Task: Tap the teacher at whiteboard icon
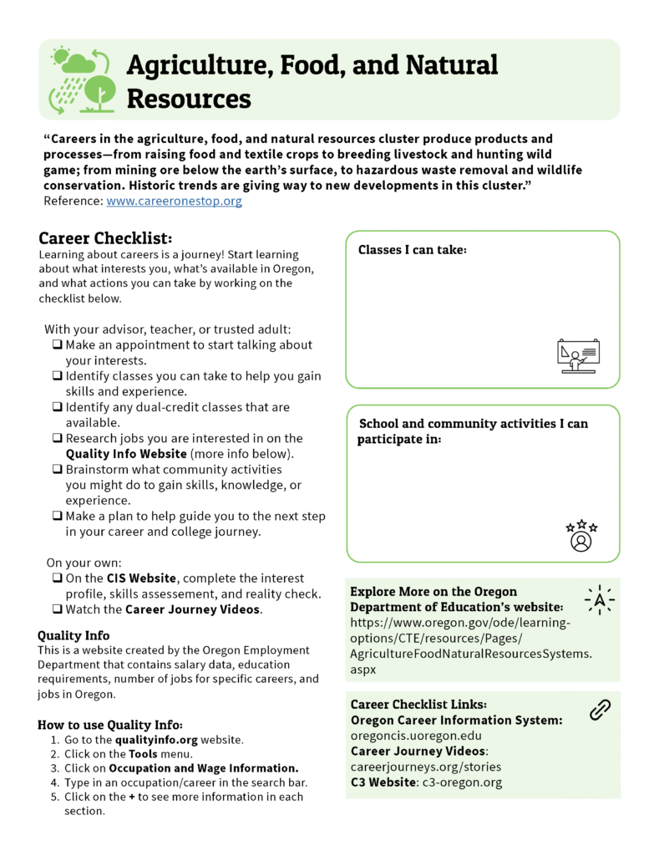(578, 356)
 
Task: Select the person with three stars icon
(580, 536)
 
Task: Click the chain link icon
(600, 710)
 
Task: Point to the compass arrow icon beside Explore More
(599, 599)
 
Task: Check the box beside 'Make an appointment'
(57, 345)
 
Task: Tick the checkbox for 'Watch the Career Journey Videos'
(57, 609)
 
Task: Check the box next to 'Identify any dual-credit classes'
(57, 407)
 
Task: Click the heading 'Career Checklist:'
(105, 238)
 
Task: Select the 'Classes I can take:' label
(412, 250)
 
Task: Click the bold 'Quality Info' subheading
(74, 635)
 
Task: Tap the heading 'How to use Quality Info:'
(110, 724)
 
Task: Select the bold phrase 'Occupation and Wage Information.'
(204, 768)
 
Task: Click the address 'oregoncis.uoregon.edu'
(416, 736)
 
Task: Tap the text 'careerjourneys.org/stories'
(425, 767)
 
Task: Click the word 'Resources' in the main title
(189, 99)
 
